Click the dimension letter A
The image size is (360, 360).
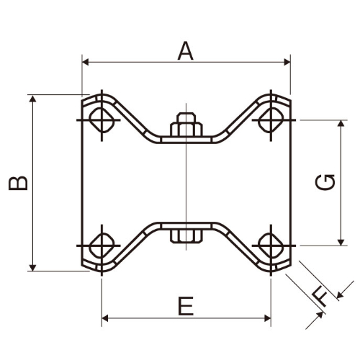[x=186, y=51]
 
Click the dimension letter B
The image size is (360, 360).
[x=18, y=183]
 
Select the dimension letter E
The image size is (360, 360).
[x=186, y=306]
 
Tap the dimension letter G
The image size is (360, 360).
[x=325, y=182]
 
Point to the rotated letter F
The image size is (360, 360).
[x=320, y=297]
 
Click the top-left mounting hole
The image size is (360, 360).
[x=102, y=120]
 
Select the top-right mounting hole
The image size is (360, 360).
[x=271, y=120]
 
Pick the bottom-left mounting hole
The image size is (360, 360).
[x=102, y=246]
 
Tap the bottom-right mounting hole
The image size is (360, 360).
[x=271, y=246]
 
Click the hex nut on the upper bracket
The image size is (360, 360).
[x=186, y=125]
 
